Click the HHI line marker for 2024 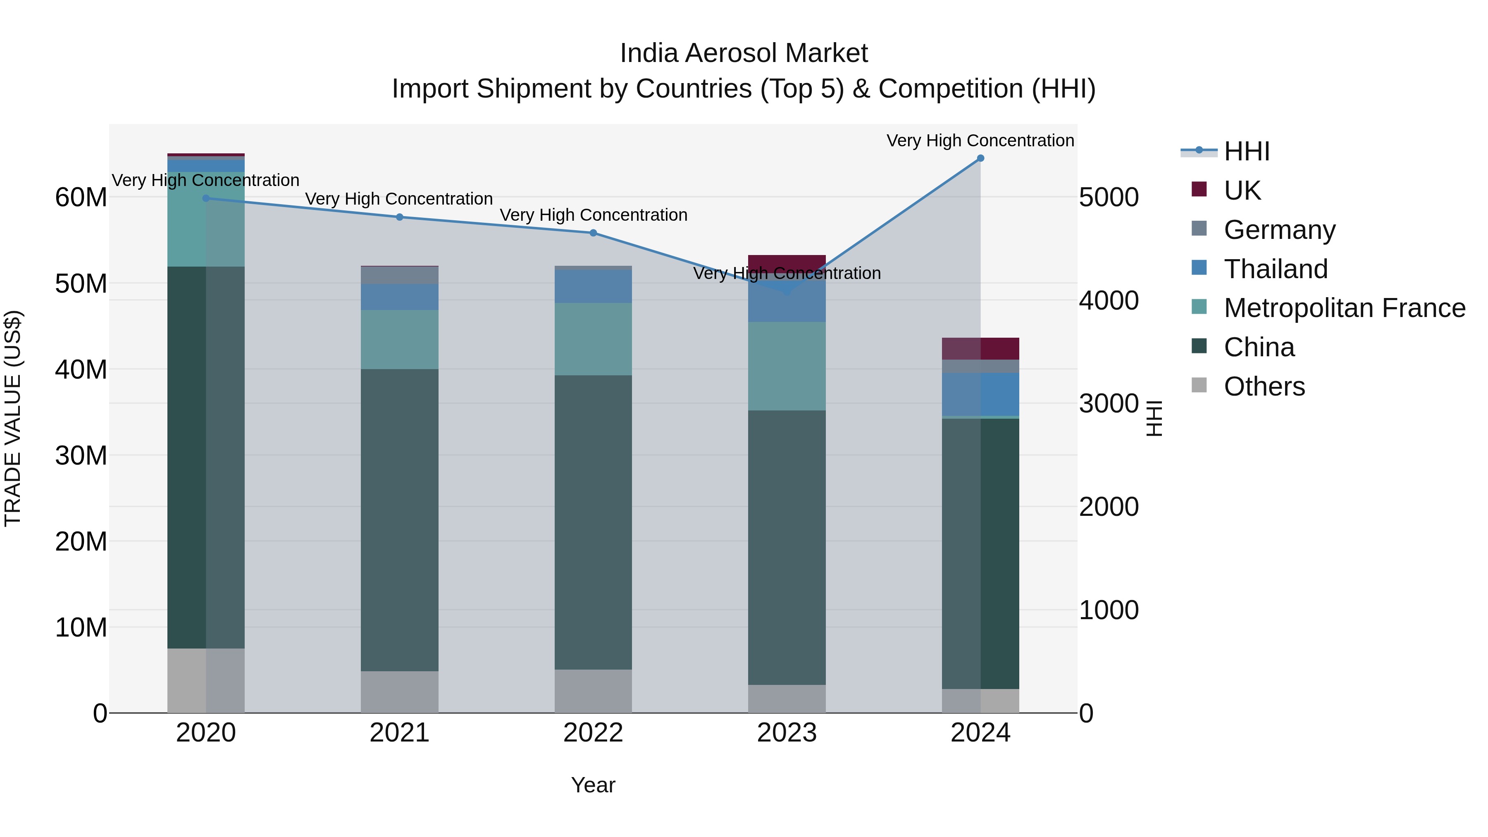coord(980,158)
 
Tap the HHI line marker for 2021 coord(400,217)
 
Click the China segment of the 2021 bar coord(400,520)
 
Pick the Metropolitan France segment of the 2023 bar coord(787,366)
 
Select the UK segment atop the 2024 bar coord(980,349)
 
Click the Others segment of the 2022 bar coord(593,691)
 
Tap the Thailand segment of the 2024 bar coord(980,394)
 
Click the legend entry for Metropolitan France coord(1344,308)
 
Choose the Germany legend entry coord(1279,230)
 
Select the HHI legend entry coord(1247,151)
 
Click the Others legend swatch coord(1199,385)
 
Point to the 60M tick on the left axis coord(81,198)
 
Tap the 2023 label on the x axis coord(787,733)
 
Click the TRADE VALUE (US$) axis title coord(13,418)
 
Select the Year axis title coord(593,785)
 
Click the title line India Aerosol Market coord(744,53)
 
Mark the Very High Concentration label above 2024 coord(980,141)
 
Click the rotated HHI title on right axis coord(1154,418)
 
